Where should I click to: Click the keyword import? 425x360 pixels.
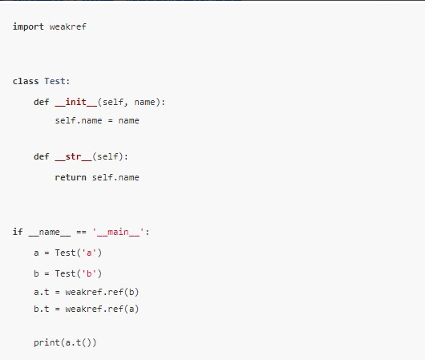click(28, 26)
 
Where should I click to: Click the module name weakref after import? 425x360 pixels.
click(68, 26)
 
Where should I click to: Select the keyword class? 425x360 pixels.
click(26, 81)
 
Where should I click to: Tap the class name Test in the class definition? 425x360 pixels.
click(55, 81)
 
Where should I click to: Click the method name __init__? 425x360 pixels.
click(76, 102)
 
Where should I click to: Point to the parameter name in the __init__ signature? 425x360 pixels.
click(144, 102)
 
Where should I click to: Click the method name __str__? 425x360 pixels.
click(73, 156)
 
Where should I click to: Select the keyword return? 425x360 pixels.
click(71, 177)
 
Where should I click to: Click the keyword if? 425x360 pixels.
click(18, 232)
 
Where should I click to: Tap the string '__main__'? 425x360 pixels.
click(118, 232)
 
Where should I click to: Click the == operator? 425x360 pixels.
click(81, 232)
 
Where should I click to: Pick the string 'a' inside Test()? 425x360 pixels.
click(89, 253)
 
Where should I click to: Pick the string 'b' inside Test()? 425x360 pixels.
click(89, 273)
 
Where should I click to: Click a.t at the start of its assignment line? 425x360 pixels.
click(42, 292)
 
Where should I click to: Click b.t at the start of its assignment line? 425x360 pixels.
click(42, 309)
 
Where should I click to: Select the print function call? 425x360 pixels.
click(65, 342)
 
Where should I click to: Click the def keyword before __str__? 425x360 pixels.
click(42, 156)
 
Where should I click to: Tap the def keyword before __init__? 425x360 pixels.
click(42, 102)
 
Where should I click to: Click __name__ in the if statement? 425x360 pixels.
click(50, 232)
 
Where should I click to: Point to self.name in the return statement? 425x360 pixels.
click(115, 177)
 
